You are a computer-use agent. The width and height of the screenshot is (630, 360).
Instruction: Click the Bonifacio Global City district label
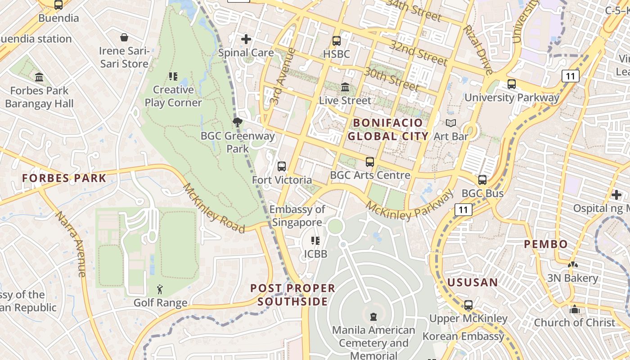(x=388, y=130)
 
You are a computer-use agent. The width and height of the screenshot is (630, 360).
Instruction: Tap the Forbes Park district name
(x=64, y=178)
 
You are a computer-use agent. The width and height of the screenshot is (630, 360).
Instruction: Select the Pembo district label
(x=546, y=244)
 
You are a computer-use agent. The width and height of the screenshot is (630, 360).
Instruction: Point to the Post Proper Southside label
(x=293, y=295)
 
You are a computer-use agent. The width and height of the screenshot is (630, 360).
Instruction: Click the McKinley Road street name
(x=214, y=208)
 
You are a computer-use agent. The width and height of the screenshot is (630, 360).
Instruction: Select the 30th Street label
(x=391, y=79)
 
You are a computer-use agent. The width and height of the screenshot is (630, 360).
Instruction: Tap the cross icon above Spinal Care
(x=246, y=39)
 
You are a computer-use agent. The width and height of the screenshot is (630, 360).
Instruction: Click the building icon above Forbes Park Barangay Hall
(x=39, y=77)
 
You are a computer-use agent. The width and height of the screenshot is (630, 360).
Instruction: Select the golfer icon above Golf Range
(x=160, y=289)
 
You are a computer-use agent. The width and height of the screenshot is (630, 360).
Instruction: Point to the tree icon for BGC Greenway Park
(x=237, y=122)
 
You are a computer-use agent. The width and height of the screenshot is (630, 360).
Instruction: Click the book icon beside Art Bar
(x=450, y=123)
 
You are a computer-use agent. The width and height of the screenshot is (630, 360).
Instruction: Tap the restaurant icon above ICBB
(x=315, y=241)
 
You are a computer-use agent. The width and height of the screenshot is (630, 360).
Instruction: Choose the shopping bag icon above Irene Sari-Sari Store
(x=124, y=37)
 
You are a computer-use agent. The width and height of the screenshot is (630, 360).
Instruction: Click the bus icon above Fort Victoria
(x=282, y=166)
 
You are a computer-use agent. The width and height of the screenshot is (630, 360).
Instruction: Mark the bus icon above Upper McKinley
(x=468, y=305)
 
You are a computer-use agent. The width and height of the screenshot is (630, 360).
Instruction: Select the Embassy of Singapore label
(x=297, y=216)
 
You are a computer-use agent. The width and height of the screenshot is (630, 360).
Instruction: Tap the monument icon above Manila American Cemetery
(x=373, y=317)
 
